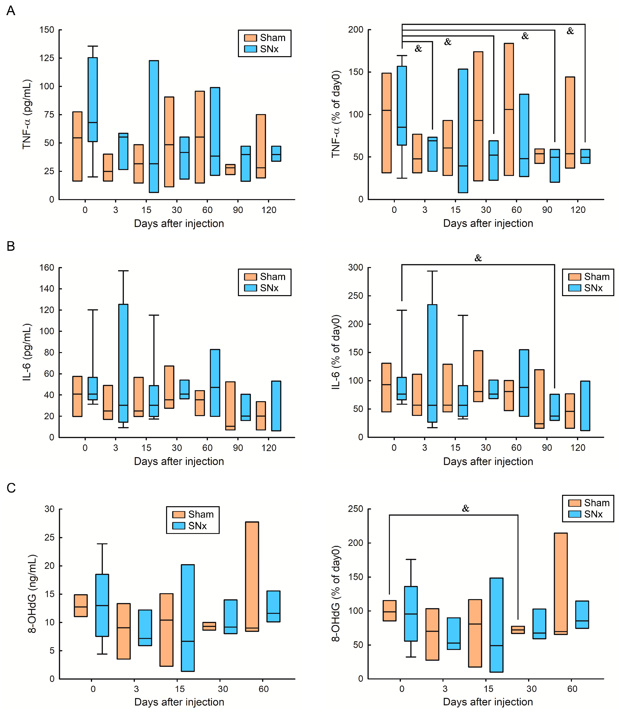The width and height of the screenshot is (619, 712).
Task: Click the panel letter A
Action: (x=11, y=11)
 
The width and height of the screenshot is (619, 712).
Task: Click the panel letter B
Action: (x=11, y=246)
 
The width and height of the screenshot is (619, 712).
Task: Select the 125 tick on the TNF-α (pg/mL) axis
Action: (x=47, y=58)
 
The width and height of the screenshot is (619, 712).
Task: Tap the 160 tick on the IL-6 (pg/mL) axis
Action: (x=47, y=268)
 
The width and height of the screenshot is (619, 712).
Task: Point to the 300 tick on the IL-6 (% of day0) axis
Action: (x=356, y=268)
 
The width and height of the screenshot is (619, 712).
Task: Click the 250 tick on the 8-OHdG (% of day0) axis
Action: (x=356, y=509)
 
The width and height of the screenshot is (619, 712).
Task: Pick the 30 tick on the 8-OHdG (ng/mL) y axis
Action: (x=49, y=509)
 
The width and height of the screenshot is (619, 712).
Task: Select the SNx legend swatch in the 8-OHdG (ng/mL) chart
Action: (x=179, y=526)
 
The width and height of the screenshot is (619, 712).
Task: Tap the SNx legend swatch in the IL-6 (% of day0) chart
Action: (x=574, y=288)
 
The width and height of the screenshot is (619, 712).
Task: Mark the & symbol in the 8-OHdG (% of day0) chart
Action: (x=466, y=509)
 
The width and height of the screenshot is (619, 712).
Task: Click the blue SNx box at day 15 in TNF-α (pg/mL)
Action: (x=154, y=126)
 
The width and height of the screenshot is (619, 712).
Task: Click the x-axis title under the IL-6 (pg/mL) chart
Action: (x=179, y=461)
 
